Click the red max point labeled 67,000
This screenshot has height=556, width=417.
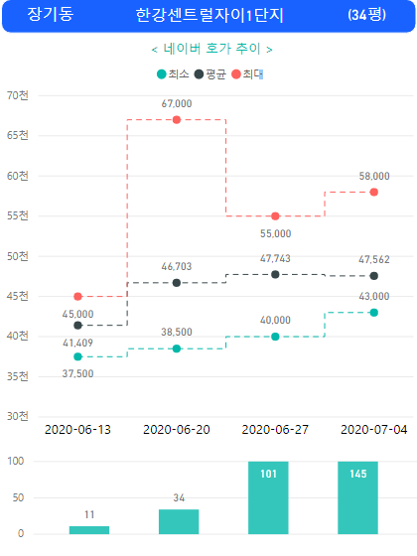coord(177,120)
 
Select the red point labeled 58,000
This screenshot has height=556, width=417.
coord(373,193)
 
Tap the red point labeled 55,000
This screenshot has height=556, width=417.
coord(275,216)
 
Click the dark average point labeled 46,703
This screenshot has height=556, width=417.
coord(177,283)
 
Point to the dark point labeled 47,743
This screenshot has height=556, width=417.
coord(275,274)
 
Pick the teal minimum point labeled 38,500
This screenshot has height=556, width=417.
coord(177,348)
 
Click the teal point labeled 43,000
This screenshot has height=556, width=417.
coord(373,313)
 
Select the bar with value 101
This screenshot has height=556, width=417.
coord(268,497)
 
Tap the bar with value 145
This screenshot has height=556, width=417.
coord(357,497)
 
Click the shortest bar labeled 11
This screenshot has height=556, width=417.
coord(89,530)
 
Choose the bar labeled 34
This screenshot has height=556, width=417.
coord(179,521)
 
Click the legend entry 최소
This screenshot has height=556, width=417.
coord(173,74)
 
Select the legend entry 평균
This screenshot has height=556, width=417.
coord(210,74)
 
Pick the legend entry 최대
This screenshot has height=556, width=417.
coord(247,74)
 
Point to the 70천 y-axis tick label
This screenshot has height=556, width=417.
coord(18,95)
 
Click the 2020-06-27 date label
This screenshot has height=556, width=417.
coord(275,430)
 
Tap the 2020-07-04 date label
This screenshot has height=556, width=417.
coord(373,430)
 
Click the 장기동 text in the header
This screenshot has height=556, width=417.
coord(50,14)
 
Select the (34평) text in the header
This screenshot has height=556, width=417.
coord(366,15)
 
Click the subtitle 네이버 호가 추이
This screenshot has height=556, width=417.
coord(212,49)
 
